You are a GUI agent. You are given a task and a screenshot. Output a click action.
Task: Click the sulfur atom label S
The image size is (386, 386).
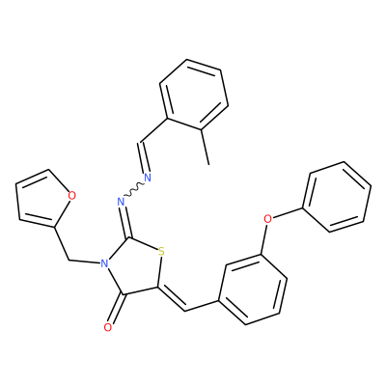coord(161,251)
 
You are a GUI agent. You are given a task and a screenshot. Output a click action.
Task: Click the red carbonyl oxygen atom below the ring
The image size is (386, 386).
coord(108,327)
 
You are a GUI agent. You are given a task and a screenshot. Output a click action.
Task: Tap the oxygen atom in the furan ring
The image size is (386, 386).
coord(72,195)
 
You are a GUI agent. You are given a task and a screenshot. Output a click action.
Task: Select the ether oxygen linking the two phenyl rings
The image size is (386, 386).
coord(267,219)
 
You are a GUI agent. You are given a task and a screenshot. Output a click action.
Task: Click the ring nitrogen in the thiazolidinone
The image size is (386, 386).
coord(103,263)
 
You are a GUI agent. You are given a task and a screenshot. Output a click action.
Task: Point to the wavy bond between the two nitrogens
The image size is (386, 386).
coord(134,190)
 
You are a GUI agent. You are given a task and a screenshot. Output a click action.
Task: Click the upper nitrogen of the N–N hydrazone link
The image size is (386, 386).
coord(148,178)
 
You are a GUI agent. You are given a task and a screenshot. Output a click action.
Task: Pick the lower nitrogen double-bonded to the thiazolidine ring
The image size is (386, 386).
coord(121,202)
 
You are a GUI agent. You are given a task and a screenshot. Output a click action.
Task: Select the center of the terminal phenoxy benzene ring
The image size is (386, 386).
coord(337,197)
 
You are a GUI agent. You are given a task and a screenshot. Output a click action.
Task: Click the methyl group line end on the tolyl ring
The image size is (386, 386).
coord(208,165)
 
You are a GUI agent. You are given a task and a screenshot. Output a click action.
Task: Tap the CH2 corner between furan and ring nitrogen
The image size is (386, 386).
coord(69,260)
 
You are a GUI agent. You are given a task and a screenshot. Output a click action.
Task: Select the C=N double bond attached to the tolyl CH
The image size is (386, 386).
coord(143,157)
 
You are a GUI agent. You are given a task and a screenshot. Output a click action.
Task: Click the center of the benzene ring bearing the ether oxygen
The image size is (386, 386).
coord(253,289)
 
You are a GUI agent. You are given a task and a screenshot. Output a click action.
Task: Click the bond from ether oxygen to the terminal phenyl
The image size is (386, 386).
coord(288,213)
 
